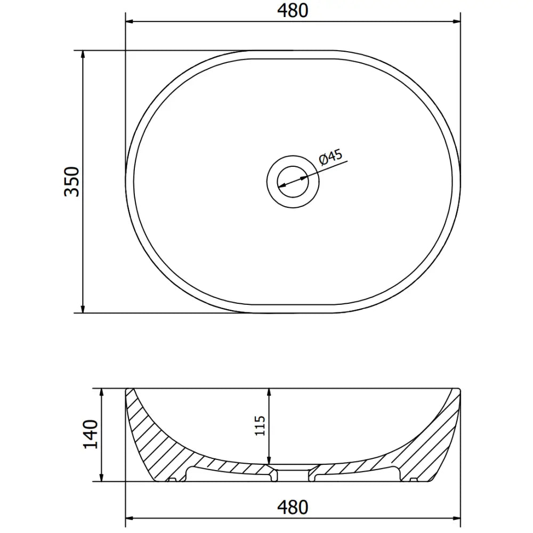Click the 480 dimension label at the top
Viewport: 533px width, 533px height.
point(293,11)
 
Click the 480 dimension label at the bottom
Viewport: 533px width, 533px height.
point(293,507)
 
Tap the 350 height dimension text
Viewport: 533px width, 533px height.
point(72,182)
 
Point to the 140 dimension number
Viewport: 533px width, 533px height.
point(91,434)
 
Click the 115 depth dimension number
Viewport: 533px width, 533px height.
point(260,425)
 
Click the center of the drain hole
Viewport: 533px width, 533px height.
point(293,182)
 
